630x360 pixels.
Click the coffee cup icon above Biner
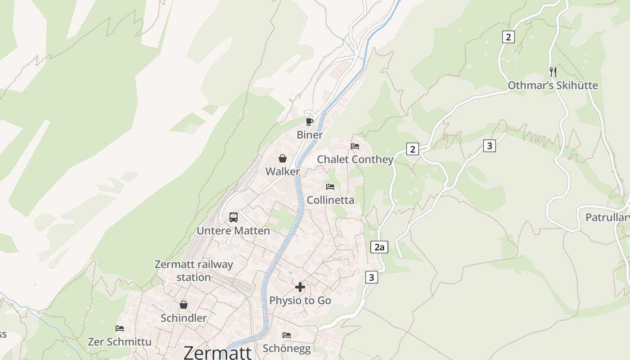pyautogui.click(x=309, y=121)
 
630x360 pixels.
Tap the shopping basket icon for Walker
pyautogui.click(x=283, y=158)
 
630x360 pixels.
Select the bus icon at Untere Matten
pyautogui.click(x=234, y=217)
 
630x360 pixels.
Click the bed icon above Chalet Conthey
pyautogui.click(x=355, y=146)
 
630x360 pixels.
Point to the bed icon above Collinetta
pyautogui.click(x=330, y=187)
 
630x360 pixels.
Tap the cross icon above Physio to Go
pyautogui.click(x=300, y=287)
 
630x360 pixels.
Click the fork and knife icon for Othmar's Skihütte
pyautogui.click(x=553, y=72)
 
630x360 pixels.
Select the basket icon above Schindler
pyautogui.click(x=184, y=305)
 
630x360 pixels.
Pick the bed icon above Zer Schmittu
pyautogui.click(x=120, y=328)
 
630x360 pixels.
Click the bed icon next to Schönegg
pyautogui.click(x=287, y=335)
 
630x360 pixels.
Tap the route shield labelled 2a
pyautogui.click(x=379, y=247)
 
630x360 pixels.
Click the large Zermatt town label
pyautogui.click(x=217, y=352)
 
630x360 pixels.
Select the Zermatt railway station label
pyautogui.click(x=193, y=270)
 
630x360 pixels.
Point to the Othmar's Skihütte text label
pyautogui.click(x=553, y=85)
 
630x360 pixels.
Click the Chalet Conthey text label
pyautogui.click(x=355, y=159)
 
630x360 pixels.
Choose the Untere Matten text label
pyautogui.click(x=233, y=231)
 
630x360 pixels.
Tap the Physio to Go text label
pyautogui.click(x=300, y=301)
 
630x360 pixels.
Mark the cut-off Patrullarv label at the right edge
pyautogui.click(x=607, y=218)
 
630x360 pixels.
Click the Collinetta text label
pyautogui.click(x=330, y=200)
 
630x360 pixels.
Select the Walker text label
pyautogui.click(x=283, y=171)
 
